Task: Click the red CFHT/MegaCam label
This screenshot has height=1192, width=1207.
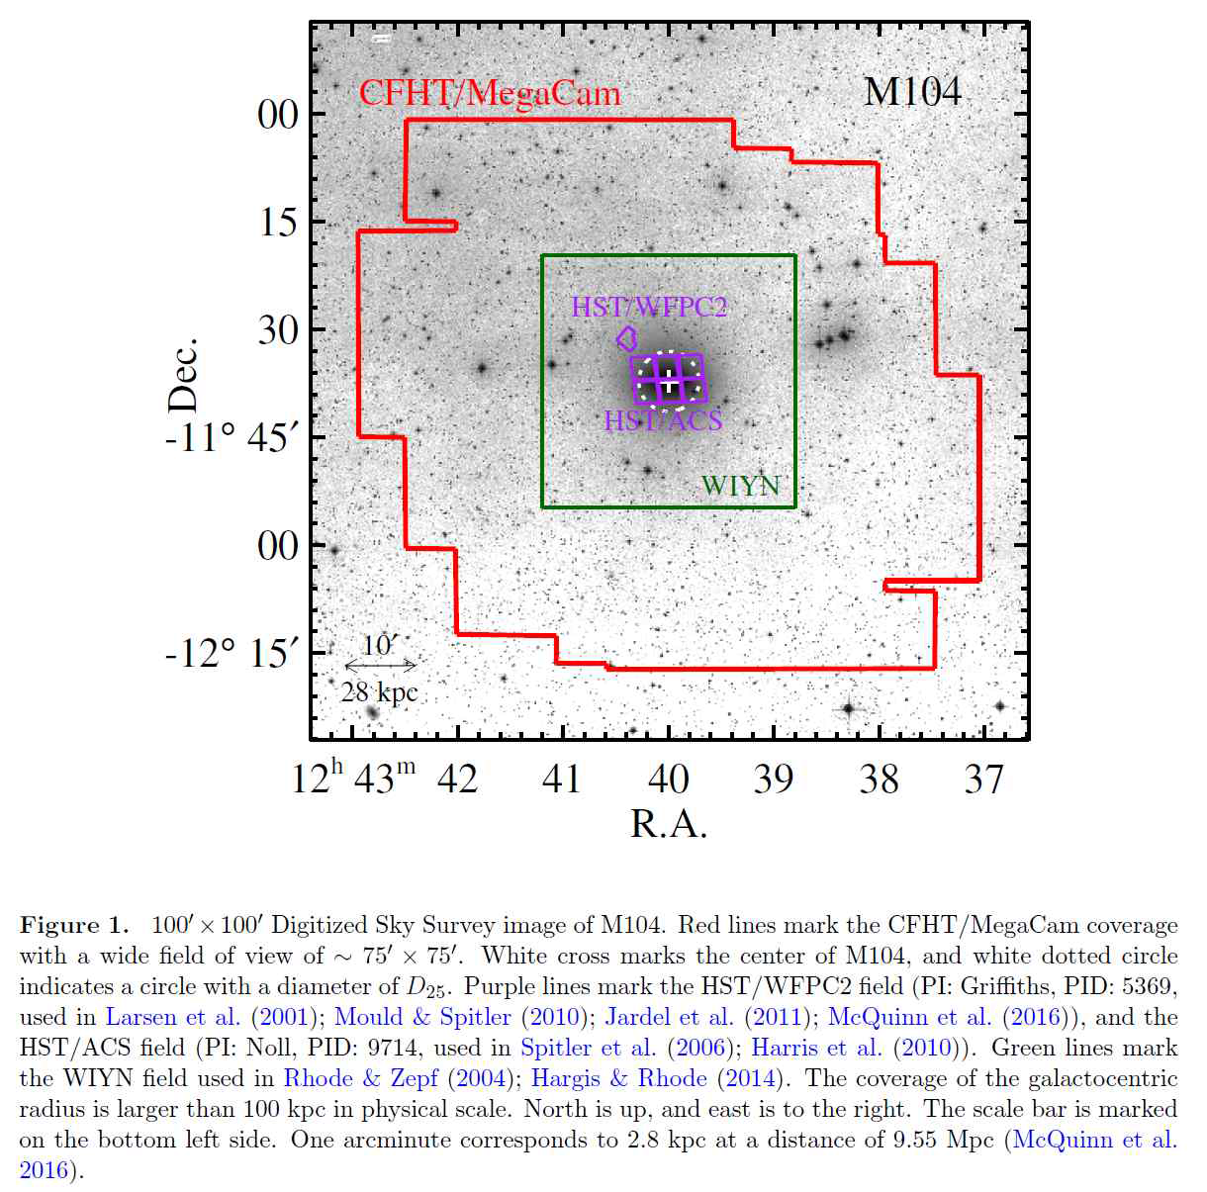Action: [x=490, y=94]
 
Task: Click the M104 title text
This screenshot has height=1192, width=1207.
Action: [x=911, y=92]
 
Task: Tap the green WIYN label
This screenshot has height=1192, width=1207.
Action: [x=741, y=486]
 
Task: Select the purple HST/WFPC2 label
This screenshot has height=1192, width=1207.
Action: [x=648, y=308]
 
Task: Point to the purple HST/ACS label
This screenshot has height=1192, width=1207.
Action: [x=663, y=420]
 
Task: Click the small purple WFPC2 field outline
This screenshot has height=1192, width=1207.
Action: [x=626, y=339]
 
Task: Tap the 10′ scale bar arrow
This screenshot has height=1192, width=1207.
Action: [x=380, y=666]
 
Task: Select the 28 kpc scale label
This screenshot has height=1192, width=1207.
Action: [x=379, y=692]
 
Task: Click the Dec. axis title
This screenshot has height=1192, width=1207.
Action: [x=184, y=375]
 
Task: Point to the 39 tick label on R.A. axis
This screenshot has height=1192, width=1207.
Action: [x=774, y=780]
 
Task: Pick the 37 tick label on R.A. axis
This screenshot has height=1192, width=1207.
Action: [x=984, y=780]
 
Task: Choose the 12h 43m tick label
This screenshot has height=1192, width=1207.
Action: [x=353, y=779]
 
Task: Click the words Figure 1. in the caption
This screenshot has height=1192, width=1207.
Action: [x=74, y=926]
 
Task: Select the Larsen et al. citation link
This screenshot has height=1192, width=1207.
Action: [x=172, y=1018]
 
